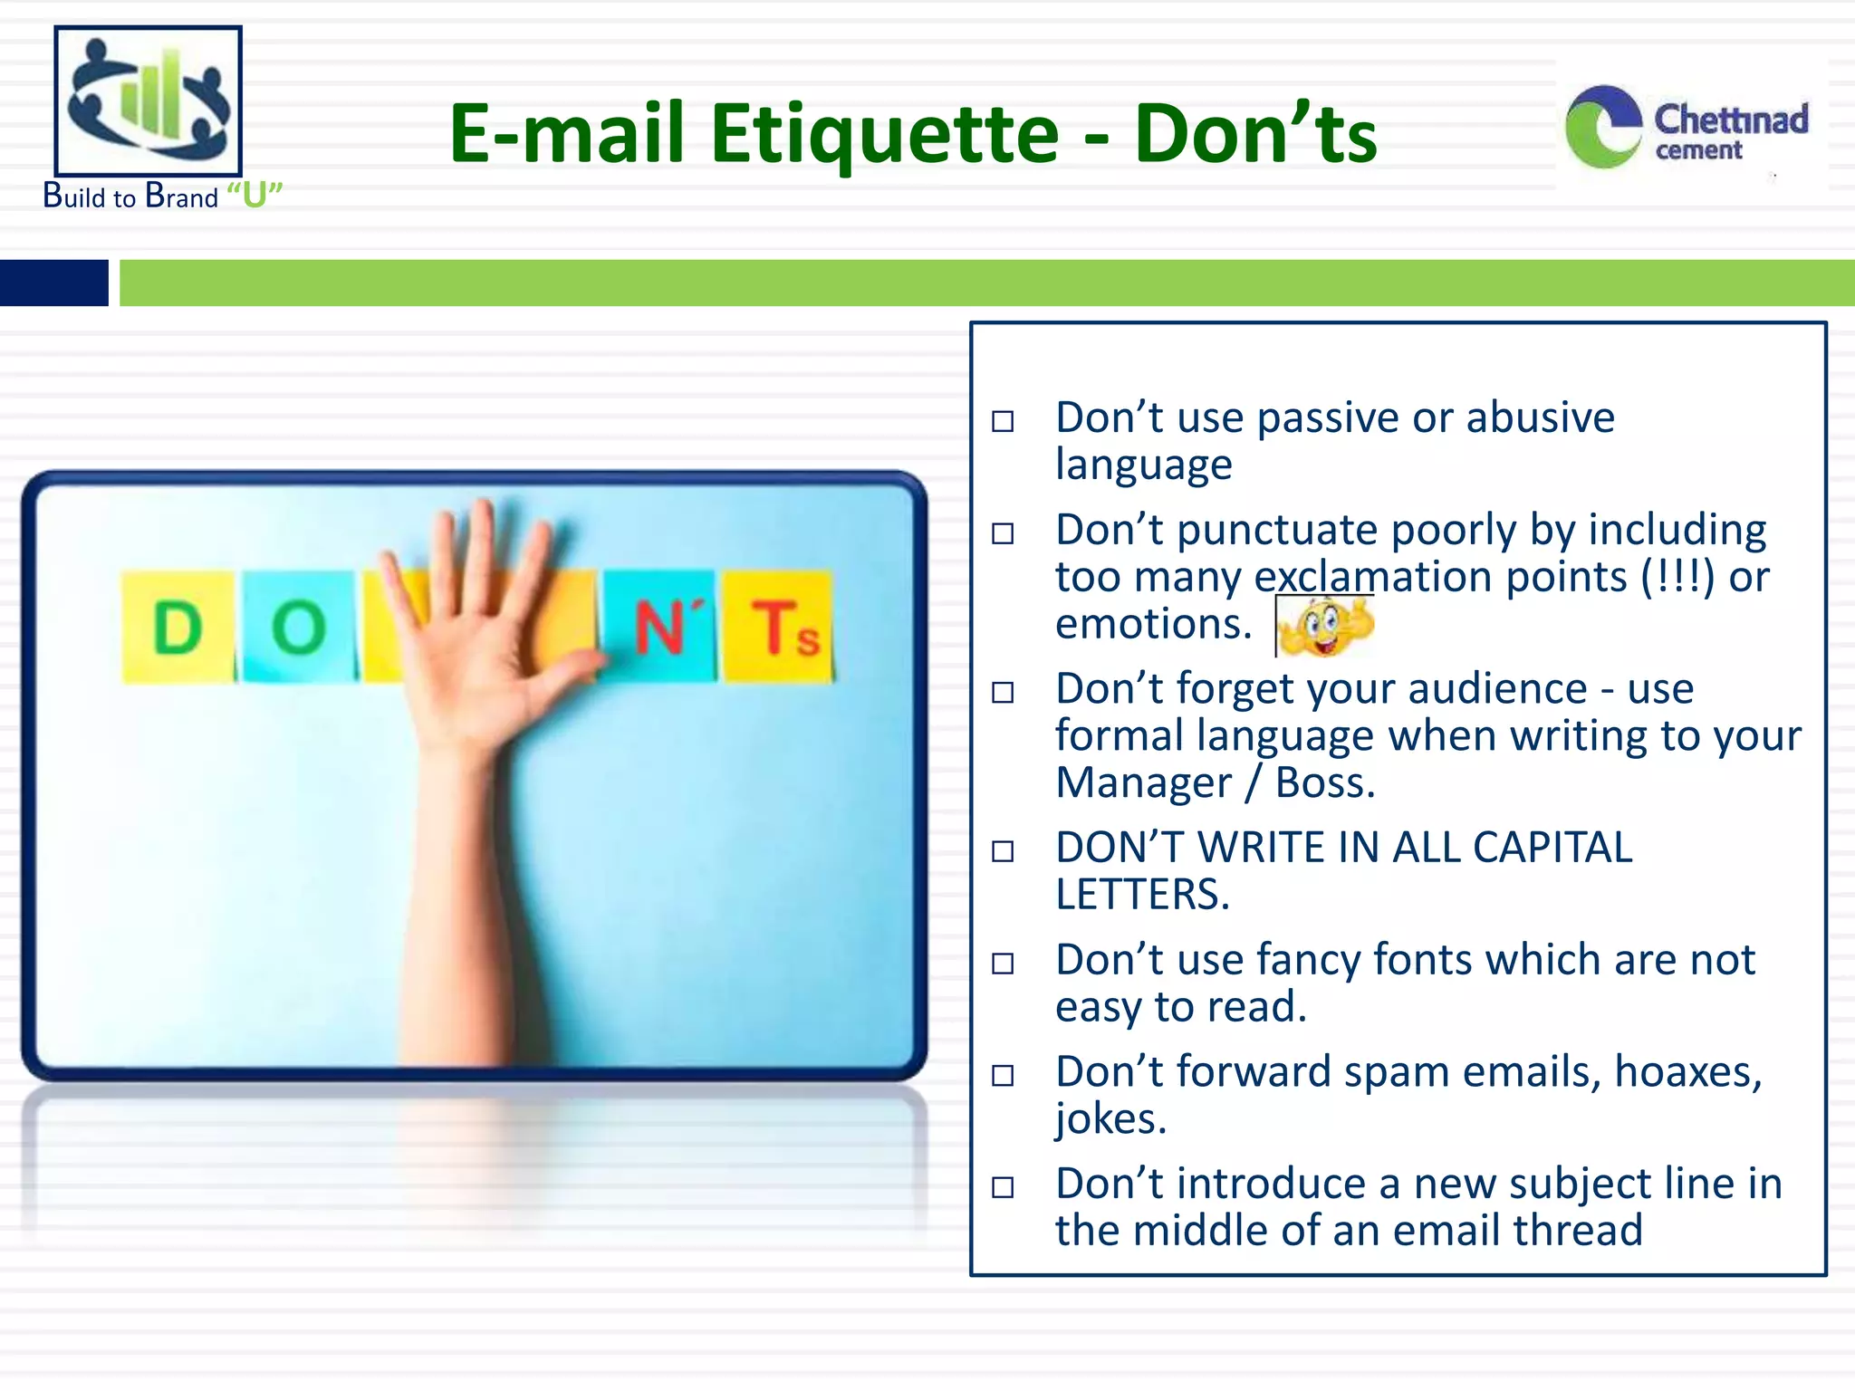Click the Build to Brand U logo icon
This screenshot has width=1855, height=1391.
pyautogui.click(x=149, y=101)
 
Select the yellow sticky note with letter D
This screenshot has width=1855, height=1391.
pyautogui.click(x=178, y=627)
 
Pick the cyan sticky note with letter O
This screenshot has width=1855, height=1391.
pyautogui.click(x=299, y=627)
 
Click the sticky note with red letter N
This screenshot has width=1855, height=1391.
pyautogui.click(x=661, y=627)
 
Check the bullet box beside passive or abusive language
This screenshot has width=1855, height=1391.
pyautogui.click(x=1003, y=422)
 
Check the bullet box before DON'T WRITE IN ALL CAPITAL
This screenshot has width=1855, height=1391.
pyautogui.click(x=1003, y=851)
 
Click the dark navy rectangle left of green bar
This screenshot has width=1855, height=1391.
pyautogui.click(x=53, y=283)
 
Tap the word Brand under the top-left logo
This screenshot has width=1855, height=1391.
pyautogui.click(x=182, y=197)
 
